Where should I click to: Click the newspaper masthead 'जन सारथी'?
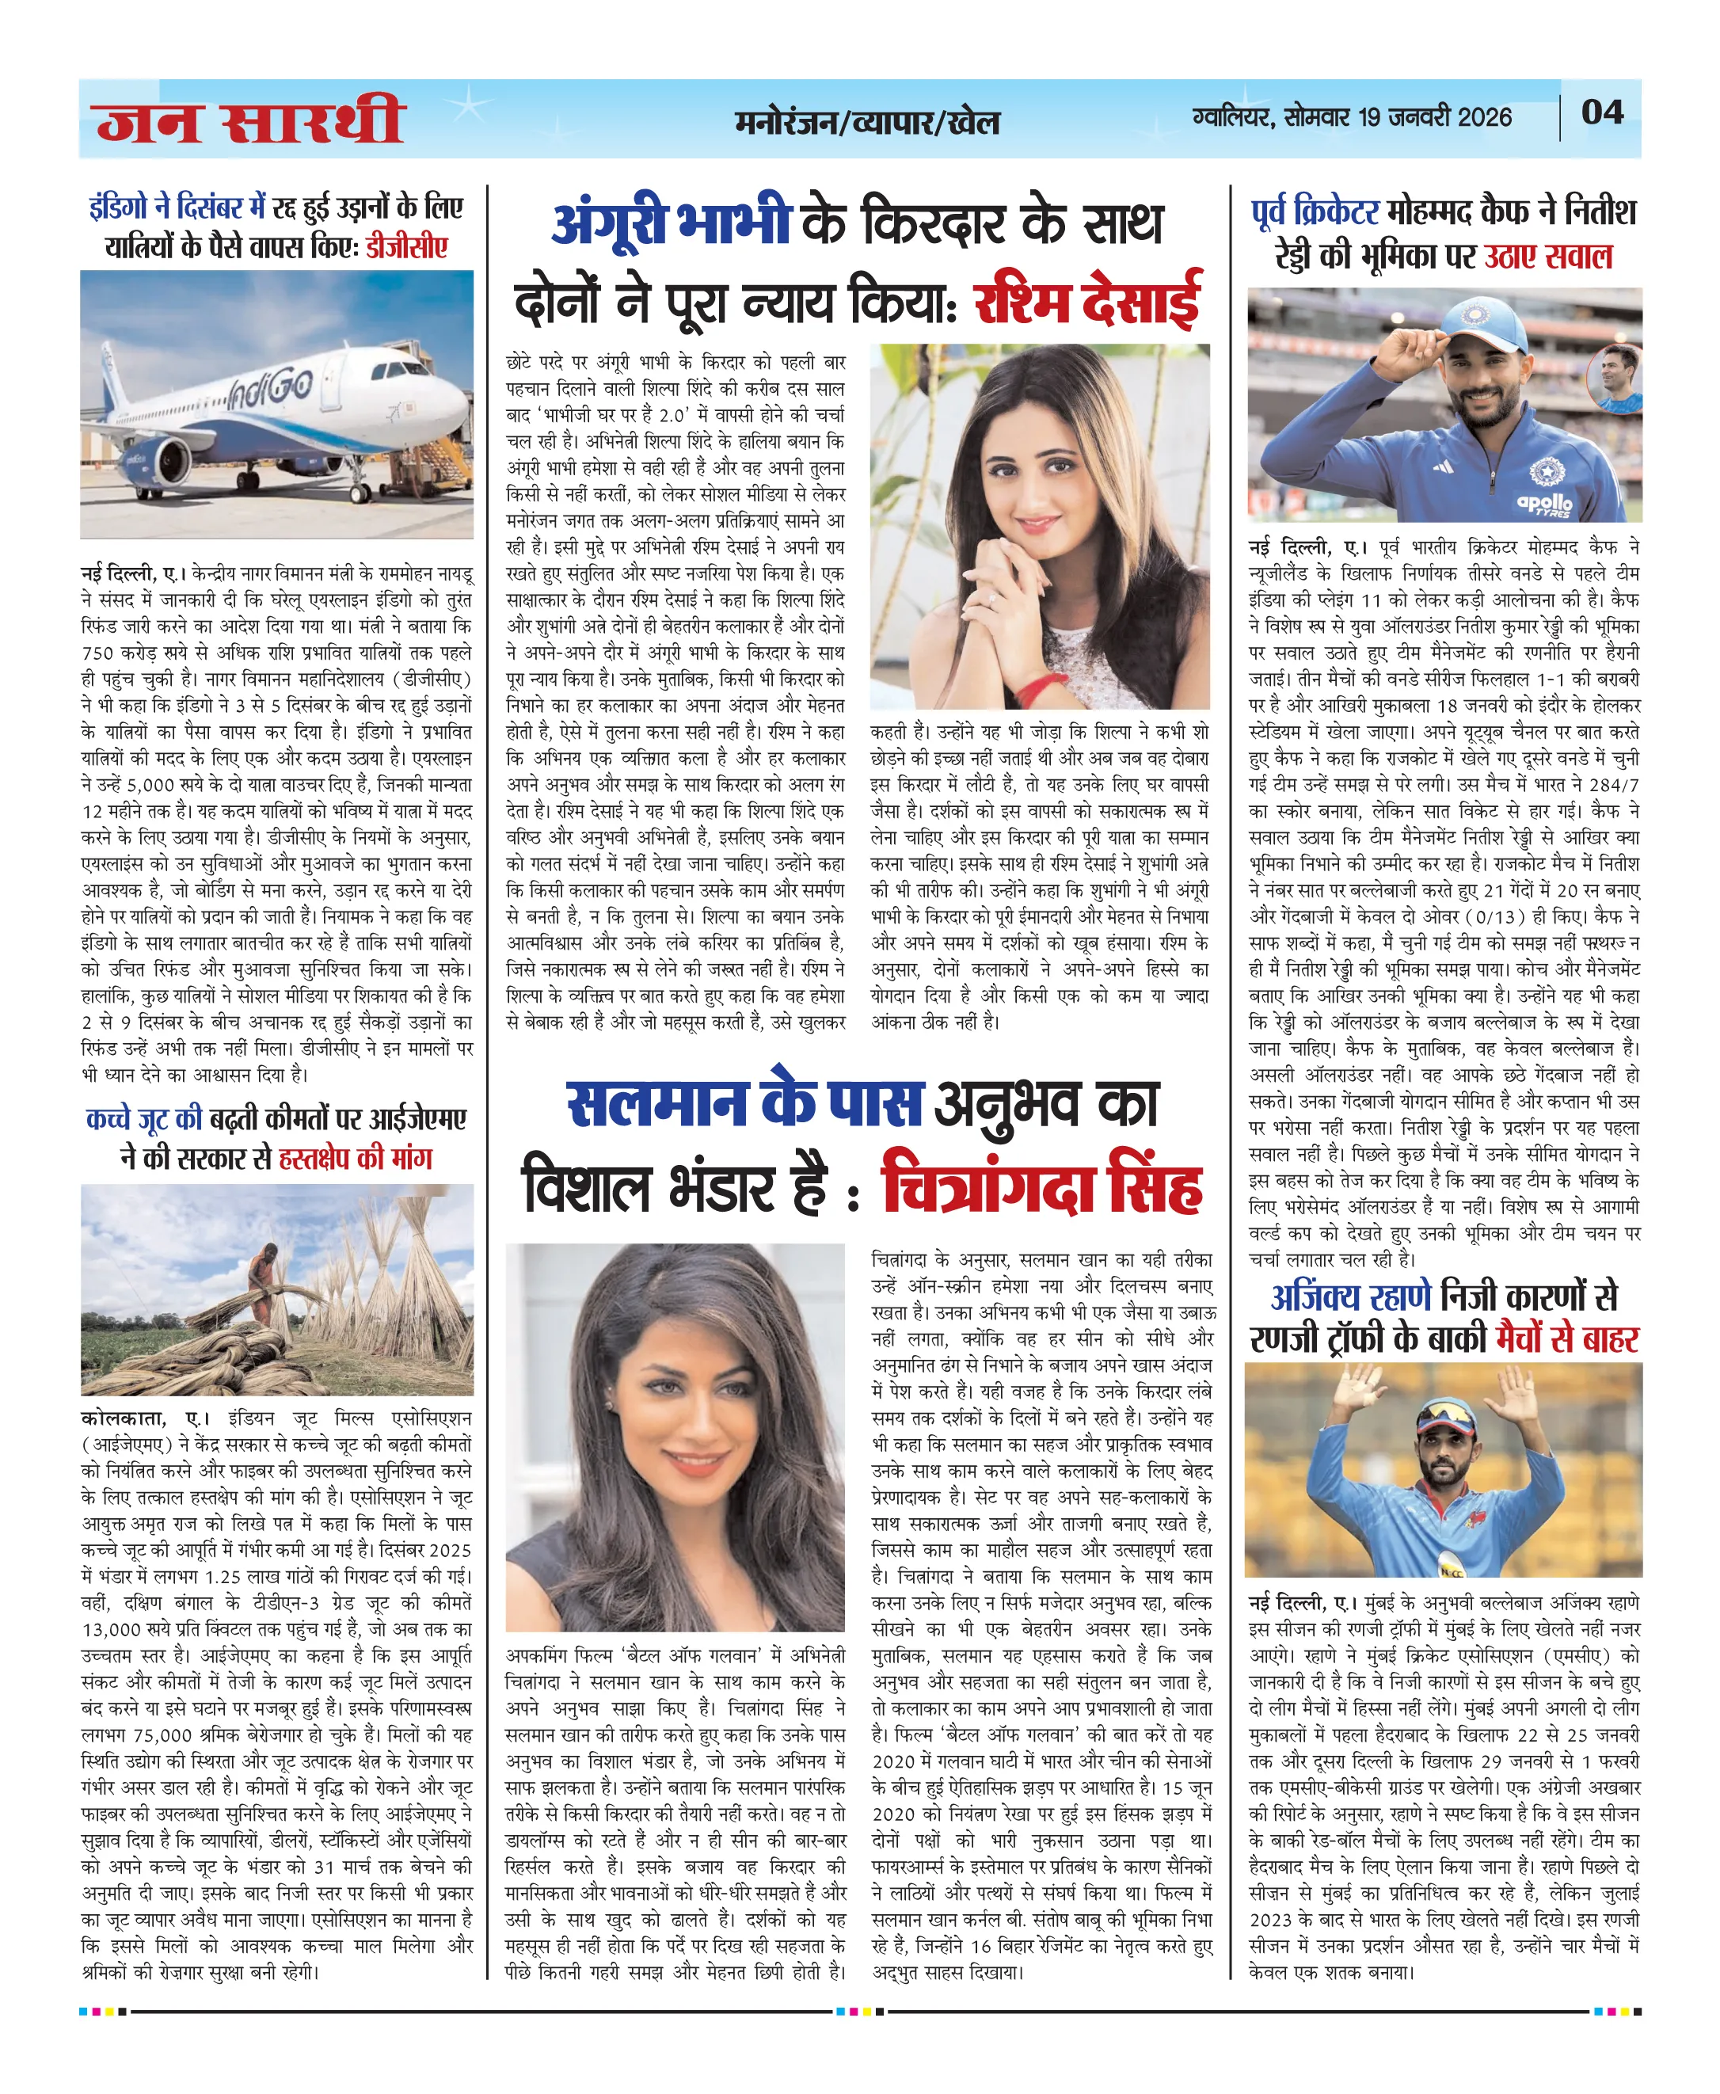point(249,121)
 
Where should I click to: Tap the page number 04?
point(1602,112)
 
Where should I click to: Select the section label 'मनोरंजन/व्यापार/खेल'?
point(867,122)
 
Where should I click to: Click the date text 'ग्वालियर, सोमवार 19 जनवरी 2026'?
point(1352,117)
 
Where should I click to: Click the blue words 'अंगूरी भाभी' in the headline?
point(671,223)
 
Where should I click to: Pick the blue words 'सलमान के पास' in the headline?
point(744,1104)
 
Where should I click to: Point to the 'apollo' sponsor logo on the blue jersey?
point(1545,504)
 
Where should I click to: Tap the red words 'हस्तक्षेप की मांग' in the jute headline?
point(355,1158)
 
